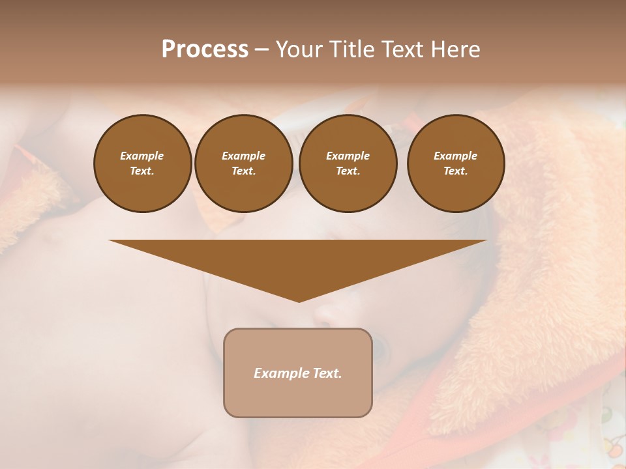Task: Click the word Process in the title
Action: coord(205,50)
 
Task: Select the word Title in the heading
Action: coord(350,50)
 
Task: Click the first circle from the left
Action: coord(143,163)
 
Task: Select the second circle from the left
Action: coord(244,163)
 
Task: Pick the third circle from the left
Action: coord(348,163)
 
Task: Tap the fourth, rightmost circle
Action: coord(456,163)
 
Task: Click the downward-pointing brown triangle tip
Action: coord(299,296)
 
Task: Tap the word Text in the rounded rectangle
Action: coord(326,373)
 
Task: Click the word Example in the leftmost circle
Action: coord(142,156)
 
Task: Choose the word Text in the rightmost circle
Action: coord(455,171)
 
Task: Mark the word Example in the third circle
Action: coord(348,156)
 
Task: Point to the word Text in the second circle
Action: coord(243,171)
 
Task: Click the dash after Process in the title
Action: coord(261,50)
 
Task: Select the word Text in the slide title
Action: coord(403,50)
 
